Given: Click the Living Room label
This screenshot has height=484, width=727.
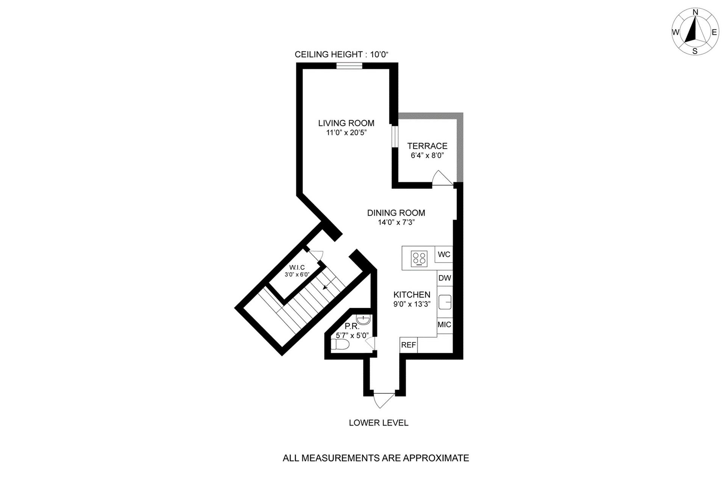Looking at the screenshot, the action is (x=346, y=123).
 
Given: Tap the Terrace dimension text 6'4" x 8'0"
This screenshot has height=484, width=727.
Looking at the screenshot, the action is (x=427, y=155).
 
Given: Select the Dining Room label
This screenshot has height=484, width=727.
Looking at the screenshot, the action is (x=396, y=213).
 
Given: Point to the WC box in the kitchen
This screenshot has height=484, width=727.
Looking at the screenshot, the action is (x=444, y=254).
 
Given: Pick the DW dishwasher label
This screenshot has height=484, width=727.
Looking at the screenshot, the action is (x=445, y=278).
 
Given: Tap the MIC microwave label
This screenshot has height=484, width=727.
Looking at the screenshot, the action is (x=445, y=325).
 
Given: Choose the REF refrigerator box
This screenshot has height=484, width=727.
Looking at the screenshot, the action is (x=409, y=345).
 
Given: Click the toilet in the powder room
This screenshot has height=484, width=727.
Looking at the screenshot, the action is (x=340, y=344).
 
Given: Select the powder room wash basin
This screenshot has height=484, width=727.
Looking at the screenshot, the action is (x=363, y=320).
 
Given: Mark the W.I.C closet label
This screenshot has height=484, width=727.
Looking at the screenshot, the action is (x=297, y=268).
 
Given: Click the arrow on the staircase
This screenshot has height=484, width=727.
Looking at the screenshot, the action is (x=326, y=287).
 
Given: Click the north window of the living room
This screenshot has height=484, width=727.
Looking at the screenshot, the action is (x=349, y=66).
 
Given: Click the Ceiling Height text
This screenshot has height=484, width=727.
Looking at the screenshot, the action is (x=342, y=54).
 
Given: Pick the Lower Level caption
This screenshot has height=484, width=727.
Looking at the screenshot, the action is (x=379, y=423).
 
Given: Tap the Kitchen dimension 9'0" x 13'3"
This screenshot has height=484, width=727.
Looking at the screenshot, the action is (x=412, y=304).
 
